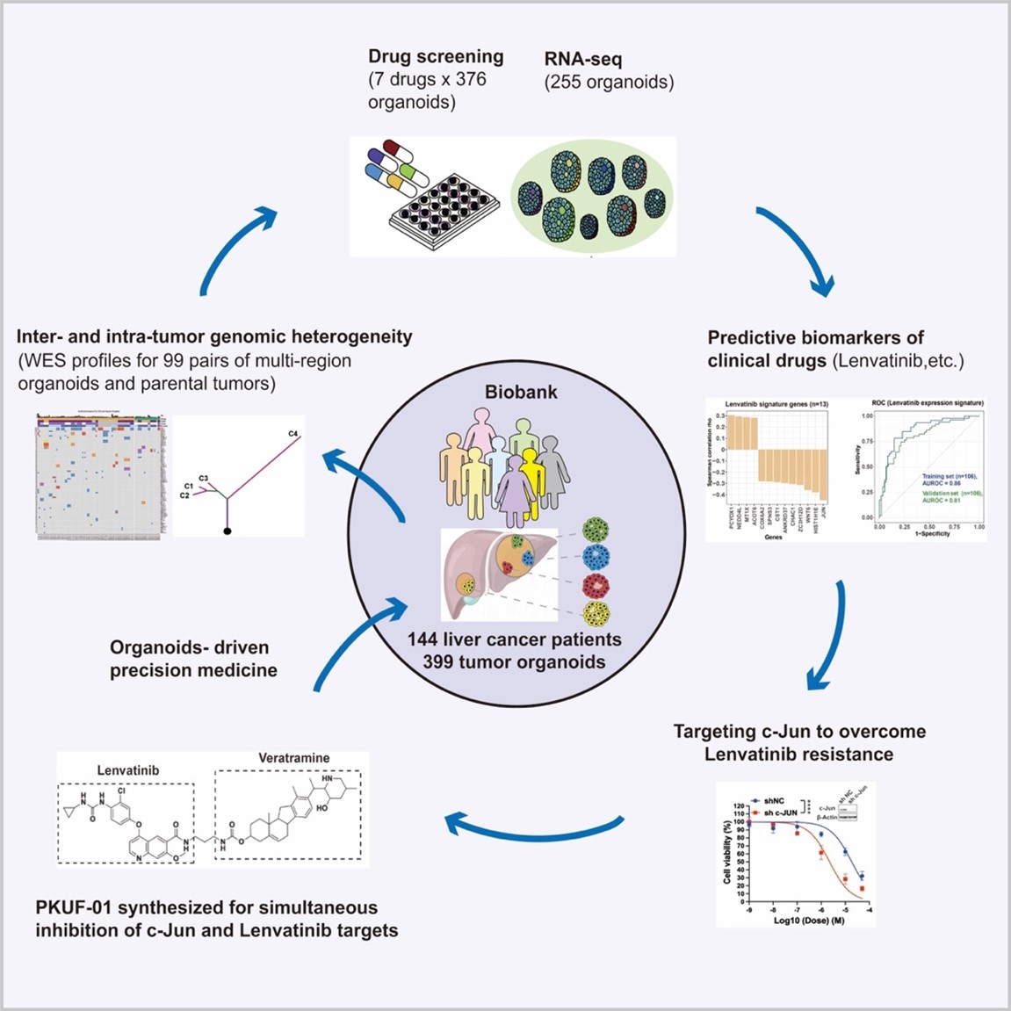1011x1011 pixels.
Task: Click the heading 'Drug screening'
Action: [436, 57]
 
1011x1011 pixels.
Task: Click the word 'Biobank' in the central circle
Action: [521, 392]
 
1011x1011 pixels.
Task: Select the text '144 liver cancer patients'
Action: [514, 639]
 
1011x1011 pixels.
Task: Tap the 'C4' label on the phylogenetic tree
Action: [292, 434]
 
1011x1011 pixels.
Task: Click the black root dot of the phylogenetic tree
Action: [228, 531]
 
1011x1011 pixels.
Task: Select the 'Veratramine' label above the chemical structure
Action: [293, 758]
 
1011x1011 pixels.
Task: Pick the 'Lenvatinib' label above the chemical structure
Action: [128, 770]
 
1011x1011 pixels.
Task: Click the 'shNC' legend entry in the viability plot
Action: [773, 800]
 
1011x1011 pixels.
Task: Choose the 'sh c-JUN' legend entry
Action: [780, 812]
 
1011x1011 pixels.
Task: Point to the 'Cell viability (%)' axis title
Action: [727, 852]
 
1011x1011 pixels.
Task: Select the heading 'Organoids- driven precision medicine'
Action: [193, 659]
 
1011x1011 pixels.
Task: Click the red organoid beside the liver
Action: [596, 586]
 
